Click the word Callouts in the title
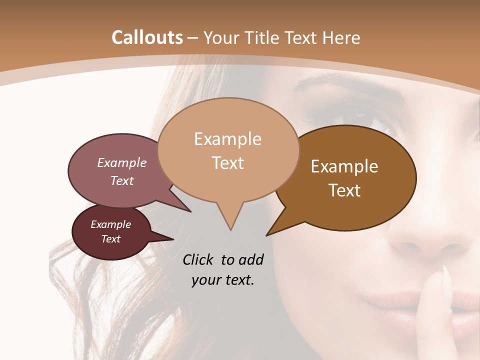[147, 37]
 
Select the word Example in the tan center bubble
[227, 139]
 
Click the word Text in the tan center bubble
[227, 163]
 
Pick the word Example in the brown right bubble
[344, 166]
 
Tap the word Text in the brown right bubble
[344, 190]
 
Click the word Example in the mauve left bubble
[121, 162]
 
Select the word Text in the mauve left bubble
[121, 180]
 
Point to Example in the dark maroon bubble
[110, 224]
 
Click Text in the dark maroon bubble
[110, 239]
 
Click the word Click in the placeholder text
[199, 259]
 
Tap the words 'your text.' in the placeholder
[223, 280]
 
